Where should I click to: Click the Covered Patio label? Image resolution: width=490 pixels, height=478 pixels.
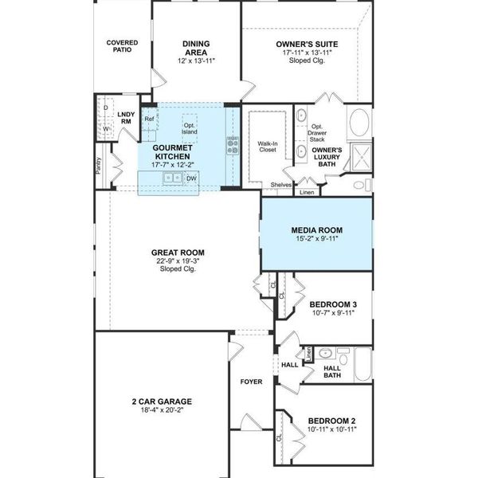click(122, 45)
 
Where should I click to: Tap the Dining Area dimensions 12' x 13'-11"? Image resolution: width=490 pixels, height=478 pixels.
click(195, 61)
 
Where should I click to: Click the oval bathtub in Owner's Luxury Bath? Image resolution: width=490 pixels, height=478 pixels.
click(359, 123)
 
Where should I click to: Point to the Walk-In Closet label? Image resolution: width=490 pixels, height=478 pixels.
click(267, 147)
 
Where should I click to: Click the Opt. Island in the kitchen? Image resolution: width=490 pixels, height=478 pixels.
click(190, 128)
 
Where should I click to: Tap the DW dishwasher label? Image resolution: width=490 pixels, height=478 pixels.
click(191, 178)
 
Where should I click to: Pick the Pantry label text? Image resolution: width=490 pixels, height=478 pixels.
click(98, 165)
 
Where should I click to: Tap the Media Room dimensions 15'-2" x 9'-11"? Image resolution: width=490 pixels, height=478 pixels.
click(316, 238)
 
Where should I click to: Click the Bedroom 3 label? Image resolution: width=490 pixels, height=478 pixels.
click(331, 304)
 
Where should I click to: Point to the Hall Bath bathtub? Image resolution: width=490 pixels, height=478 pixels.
click(363, 365)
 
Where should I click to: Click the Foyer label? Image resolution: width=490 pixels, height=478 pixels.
click(251, 382)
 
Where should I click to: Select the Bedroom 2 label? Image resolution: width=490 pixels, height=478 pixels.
click(331, 421)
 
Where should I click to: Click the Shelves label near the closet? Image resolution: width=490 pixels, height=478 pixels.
click(280, 185)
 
